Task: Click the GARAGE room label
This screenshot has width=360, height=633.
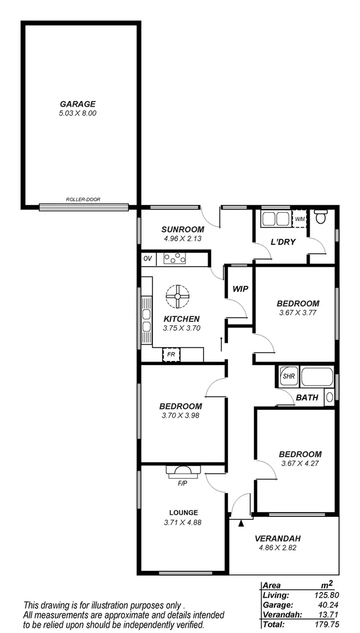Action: tap(81, 104)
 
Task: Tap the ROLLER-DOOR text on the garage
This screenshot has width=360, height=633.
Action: tap(83, 200)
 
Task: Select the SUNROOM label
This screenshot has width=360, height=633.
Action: tap(184, 229)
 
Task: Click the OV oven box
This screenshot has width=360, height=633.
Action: tap(147, 258)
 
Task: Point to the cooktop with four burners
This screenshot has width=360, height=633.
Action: tap(175, 258)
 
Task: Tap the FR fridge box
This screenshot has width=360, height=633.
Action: tap(171, 355)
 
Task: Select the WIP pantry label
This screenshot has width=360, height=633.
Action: tap(240, 289)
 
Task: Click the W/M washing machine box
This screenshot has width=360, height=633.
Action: tap(300, 219)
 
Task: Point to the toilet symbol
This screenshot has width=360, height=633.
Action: tap(321, 218)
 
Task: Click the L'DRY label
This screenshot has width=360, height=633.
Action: tap(283, 242)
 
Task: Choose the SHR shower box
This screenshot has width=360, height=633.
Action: tap(288, 376)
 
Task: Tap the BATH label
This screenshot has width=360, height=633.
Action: tap(307, 397)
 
